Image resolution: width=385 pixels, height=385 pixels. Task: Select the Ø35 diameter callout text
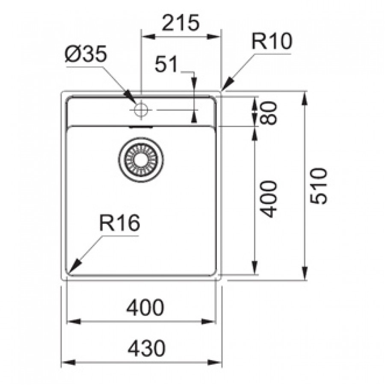(86, 54)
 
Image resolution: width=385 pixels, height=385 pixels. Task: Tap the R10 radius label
(272, 41)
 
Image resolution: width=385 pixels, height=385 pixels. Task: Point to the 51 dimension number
(166, 64)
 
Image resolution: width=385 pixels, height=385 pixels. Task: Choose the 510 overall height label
(318, 186)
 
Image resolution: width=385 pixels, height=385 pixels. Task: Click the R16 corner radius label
(120, 222)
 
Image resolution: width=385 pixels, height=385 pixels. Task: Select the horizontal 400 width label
(145, 307)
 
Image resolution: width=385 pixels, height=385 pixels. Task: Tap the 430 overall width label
(147, 348)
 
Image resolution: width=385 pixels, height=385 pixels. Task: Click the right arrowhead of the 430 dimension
(215, 362)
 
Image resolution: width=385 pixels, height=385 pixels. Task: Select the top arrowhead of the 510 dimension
(305, 98)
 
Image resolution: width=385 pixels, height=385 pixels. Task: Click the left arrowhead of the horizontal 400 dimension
(74, 321)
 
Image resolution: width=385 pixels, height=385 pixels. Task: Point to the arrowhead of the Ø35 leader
(130, 97)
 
